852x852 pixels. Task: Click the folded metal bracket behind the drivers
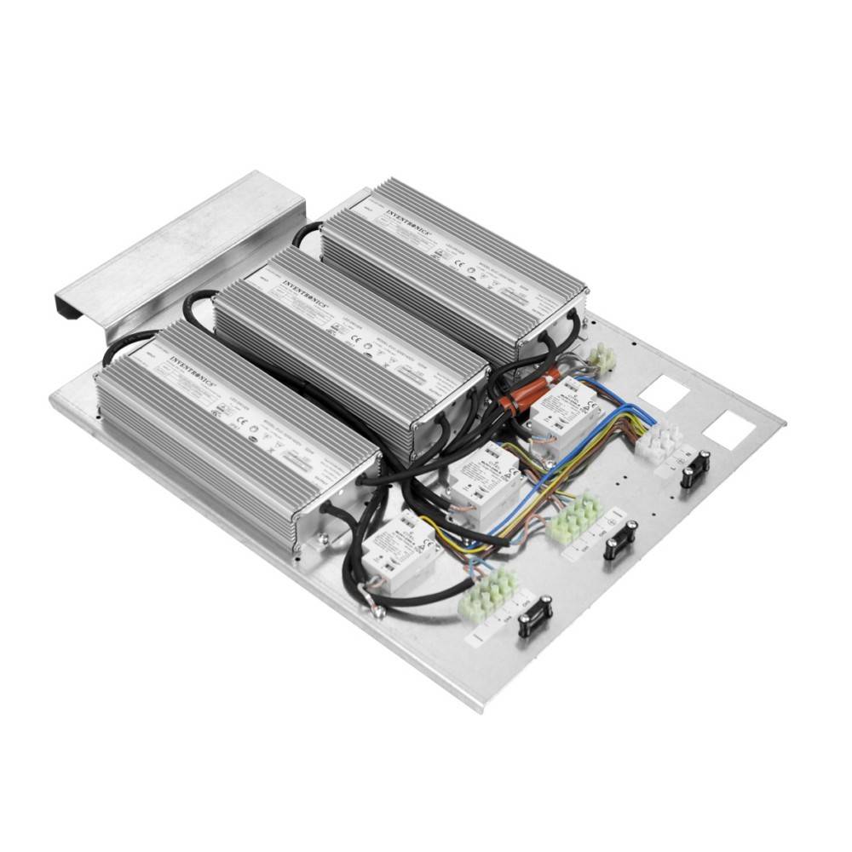pyautogui.click(x=179, y=247)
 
